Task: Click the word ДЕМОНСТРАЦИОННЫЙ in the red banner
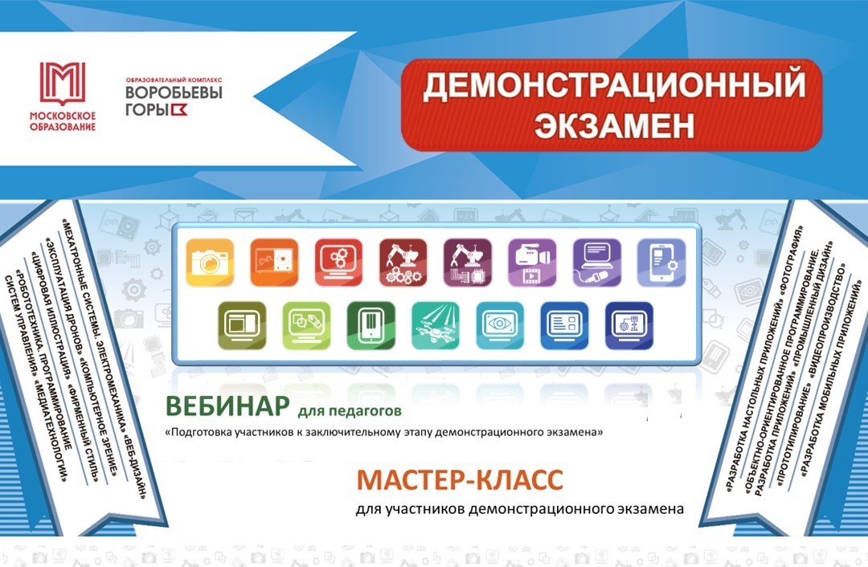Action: [614, 85]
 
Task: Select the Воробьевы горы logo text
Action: [174, 96]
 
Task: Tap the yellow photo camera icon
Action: [210, 262]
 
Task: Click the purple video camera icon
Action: [532, 262]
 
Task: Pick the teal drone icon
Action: [436, 326]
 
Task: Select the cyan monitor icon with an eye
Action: [500, 326]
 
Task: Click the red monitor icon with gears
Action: [339, 262]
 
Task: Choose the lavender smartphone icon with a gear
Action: [661, 262]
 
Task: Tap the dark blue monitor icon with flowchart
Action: [628, 326]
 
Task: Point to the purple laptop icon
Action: [596, 262]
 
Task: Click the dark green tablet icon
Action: [371, 326]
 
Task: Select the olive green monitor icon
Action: [242, 326]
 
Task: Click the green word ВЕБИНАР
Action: [227, 406]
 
